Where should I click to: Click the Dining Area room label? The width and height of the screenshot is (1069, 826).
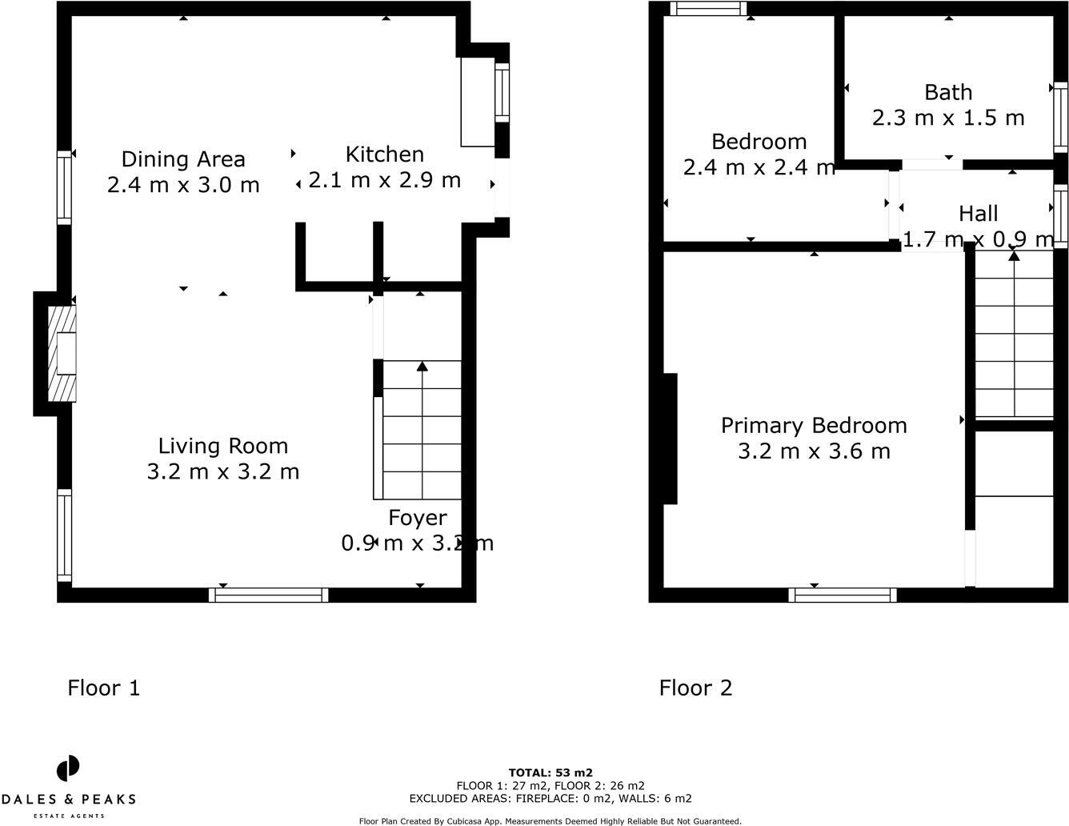coord(183,159)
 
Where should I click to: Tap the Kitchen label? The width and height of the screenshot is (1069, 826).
coord(385,154)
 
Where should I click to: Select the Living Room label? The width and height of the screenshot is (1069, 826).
coord(223,446)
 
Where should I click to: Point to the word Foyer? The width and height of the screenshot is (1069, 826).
coord(418,518)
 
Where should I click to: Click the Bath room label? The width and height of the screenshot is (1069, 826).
coord(948,93)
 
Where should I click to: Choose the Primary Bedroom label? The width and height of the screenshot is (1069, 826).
coord(814,426)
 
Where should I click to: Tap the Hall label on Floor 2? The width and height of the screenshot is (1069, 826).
coord(978,214)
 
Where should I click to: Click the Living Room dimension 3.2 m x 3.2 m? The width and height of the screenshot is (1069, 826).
coord(223,471)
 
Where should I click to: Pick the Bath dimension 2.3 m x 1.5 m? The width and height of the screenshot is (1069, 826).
coord(948,118)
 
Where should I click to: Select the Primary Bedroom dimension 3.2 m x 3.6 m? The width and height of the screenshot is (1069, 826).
coord(814,451)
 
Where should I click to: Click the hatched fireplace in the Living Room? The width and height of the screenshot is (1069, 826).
coord(62,353)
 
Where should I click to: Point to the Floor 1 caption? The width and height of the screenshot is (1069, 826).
coord(104,688)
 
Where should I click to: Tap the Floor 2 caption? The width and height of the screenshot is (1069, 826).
coord(695,688)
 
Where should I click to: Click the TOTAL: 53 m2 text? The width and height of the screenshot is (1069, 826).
coord(551,773)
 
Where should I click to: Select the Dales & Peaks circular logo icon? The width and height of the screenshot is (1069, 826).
coord(68,768)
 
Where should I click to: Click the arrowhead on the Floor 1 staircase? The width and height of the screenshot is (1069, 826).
coord(422,367)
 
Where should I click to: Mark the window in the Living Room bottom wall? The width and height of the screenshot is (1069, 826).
coord(269,595)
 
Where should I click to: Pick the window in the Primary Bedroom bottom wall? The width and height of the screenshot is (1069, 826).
coord(843,595)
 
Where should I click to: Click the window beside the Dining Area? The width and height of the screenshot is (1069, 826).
coord(65,187)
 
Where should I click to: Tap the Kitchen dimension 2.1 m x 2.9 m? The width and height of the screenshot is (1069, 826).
coord(385,180)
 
